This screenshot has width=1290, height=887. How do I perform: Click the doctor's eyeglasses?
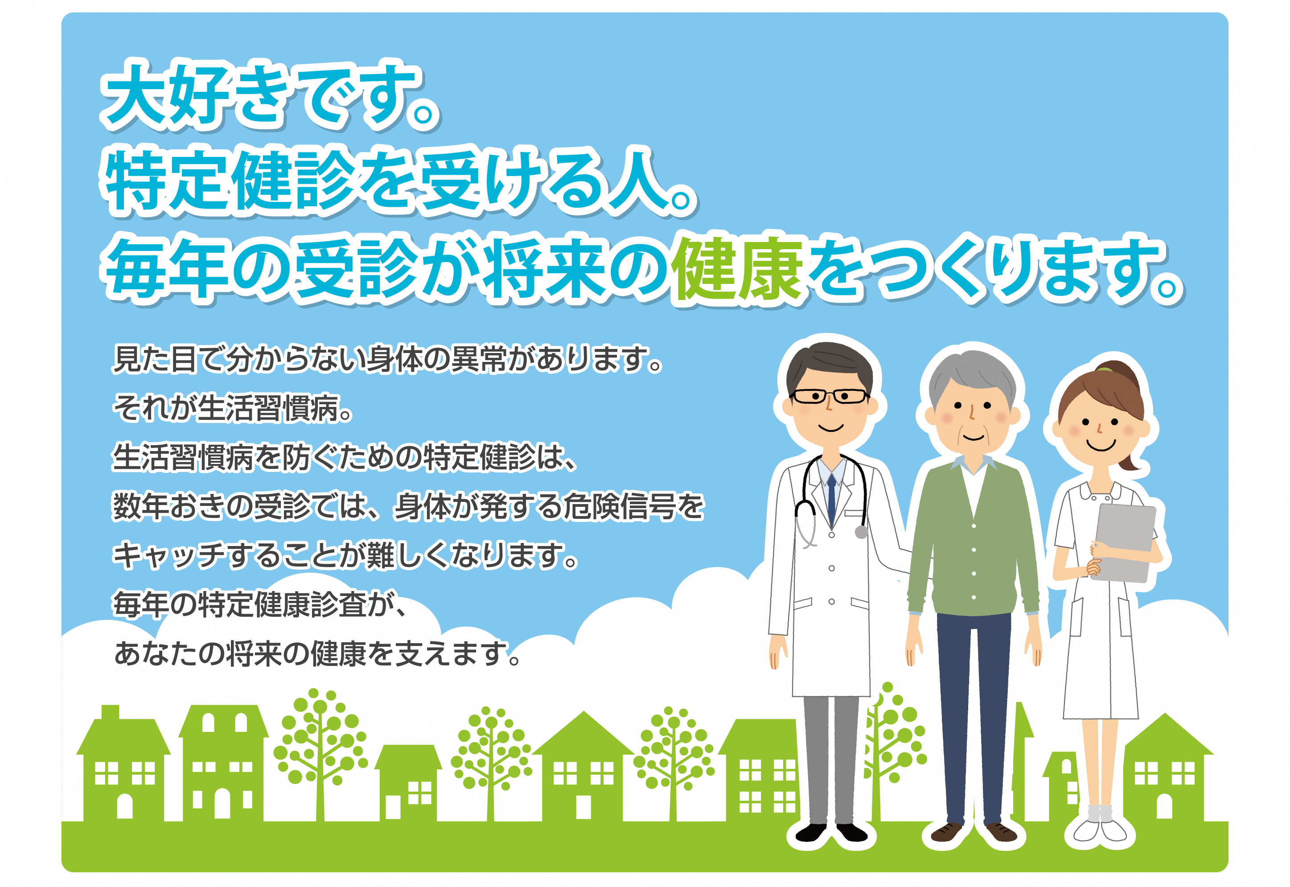coord(829,396)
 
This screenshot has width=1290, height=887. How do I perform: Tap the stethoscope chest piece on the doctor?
coord(861,532)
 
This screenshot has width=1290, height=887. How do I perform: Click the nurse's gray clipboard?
coord(1124,542)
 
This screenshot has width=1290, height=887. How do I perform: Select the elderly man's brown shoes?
coord(974,832)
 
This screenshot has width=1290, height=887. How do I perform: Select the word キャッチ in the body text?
coord(169,556)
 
